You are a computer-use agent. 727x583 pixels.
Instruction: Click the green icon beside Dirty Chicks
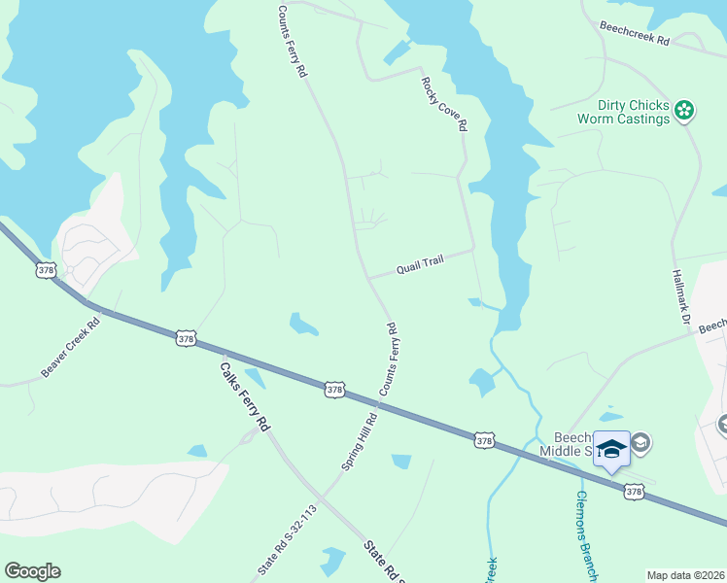(685, 111)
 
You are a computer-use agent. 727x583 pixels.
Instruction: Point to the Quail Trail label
(420, 265)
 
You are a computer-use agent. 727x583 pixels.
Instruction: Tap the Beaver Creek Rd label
(71, 346)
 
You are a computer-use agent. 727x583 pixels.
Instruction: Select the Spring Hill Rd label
(359, 439)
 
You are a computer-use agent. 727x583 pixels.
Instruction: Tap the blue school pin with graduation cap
(611, 450)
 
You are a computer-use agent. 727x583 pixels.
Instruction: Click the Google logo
(32, 571)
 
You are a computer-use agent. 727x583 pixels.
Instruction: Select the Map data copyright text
(686, 575)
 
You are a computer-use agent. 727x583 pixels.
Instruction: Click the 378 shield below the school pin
(633, 493)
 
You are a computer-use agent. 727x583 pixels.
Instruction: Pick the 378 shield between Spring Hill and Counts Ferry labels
(334, 390)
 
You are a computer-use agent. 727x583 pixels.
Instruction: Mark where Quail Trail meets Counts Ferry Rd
(368, 277)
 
